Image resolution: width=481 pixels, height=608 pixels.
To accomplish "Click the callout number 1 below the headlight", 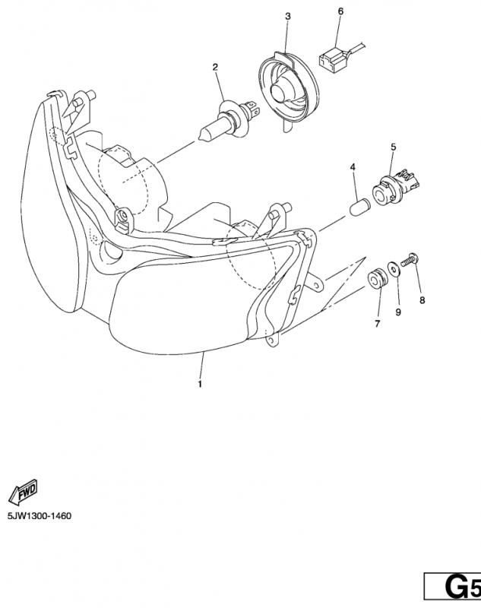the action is [x=200, y=385].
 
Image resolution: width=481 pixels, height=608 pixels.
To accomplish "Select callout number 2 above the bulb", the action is [x=215, y=67].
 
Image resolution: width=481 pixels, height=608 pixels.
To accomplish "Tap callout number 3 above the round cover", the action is [x=287, y=16].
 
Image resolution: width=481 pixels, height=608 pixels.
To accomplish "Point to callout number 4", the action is [x=353, y=167].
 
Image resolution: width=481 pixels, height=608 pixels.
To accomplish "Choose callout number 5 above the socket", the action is [x=394, y=147].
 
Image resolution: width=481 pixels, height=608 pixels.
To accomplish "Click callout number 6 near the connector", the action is [x=340, y=11].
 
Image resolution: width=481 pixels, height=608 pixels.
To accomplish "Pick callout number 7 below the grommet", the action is [x=378, y=324].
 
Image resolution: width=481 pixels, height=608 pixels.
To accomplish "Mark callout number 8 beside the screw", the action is [x=422, y=299].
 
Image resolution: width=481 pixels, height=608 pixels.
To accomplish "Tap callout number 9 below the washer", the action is [x=398, y=312].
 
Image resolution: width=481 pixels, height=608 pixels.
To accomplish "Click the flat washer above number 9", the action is [x=394, y=269].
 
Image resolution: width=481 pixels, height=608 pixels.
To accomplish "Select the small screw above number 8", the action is [x=410, y=259].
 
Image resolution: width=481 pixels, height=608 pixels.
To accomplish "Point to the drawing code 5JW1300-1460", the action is [x=40, y=516].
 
